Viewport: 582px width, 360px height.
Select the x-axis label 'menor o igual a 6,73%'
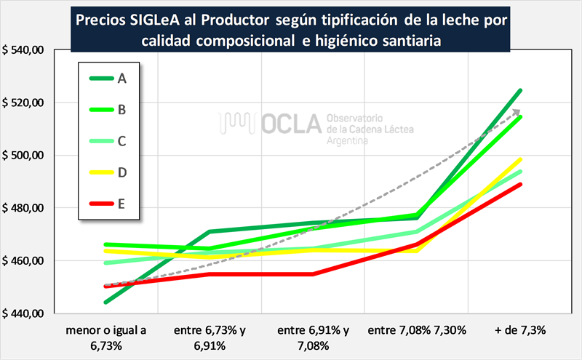click(105, 336)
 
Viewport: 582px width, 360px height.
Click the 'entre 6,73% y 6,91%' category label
click(210, 336)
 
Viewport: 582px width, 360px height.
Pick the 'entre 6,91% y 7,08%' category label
click(314, 336)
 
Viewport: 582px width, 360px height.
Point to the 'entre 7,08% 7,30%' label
click(417, 330)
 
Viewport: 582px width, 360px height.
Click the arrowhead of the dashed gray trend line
click(519, 111)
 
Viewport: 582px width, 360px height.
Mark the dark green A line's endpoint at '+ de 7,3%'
click(520, 91)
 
